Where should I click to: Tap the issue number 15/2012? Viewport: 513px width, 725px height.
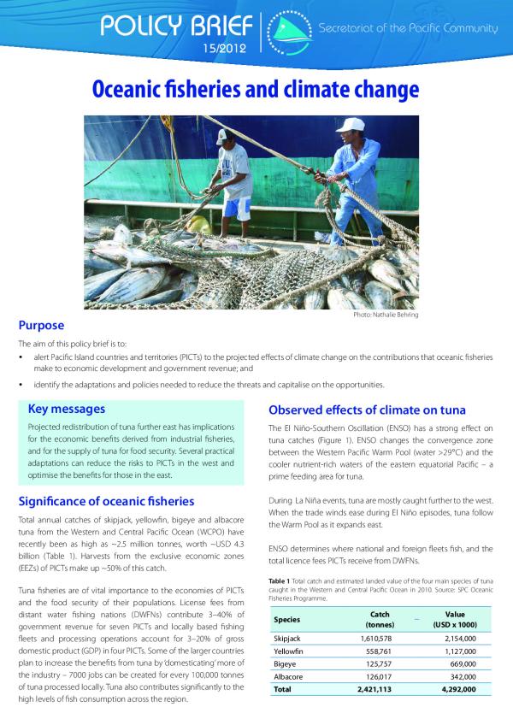pos(225,49)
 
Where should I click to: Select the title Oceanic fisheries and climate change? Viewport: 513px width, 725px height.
pos(256,89)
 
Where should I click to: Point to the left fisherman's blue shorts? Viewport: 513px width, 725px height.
pos(233,208)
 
